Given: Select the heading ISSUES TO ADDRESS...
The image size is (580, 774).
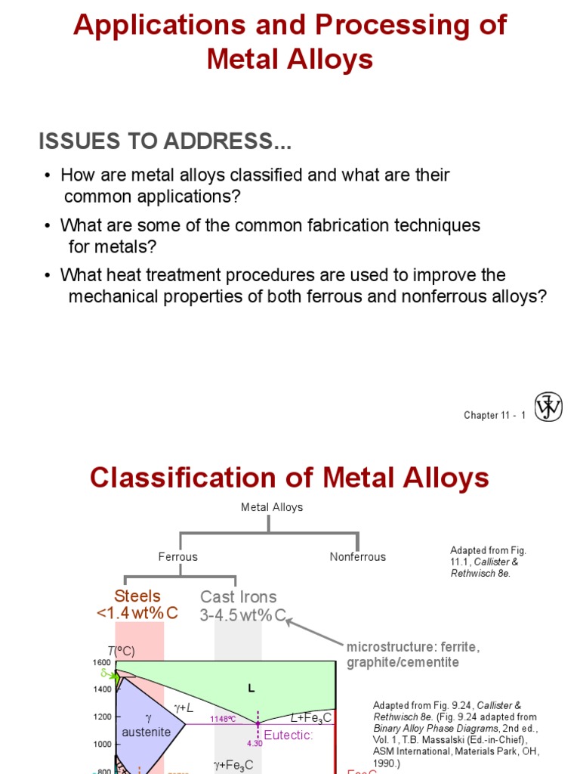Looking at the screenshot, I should point(165,141).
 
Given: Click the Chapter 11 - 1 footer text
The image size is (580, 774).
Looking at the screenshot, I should point(494,416).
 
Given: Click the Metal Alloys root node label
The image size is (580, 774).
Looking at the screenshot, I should point(272,507).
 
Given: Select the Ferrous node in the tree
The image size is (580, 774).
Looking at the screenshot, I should point(177,557).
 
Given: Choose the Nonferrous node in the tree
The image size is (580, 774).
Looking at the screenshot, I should point(357,557).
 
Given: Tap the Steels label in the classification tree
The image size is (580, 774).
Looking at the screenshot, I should point(137,596).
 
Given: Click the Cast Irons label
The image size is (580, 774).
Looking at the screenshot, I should point(238,597).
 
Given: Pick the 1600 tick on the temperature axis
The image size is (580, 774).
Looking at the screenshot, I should point(101,663).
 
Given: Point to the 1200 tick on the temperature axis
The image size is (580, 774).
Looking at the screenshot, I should point(101,717).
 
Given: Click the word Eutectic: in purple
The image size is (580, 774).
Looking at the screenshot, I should point(288,734).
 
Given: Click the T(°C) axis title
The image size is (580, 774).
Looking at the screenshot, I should point(120,651).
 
